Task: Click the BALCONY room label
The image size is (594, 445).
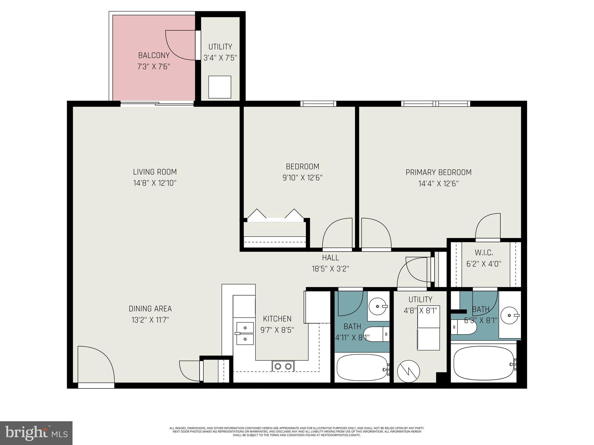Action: pos(154,55)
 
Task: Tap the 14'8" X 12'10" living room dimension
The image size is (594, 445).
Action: pos(155,183)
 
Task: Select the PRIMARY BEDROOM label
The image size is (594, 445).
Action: pos(438,172)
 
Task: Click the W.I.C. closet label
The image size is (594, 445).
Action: pos(484,253)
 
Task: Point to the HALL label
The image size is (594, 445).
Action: pos(330,257)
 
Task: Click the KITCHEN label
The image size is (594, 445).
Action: pos(277,319)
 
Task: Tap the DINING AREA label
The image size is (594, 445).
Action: pos(150,309)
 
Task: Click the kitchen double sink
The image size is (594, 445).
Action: pos(245,333)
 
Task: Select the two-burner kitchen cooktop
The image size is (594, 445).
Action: pos(283,366)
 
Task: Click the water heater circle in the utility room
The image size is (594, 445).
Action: pos(408,371)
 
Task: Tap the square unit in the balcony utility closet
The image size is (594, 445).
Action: pos(220,87)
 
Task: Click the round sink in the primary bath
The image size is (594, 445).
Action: pos(510,315)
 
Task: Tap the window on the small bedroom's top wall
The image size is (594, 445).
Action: pos(318,103)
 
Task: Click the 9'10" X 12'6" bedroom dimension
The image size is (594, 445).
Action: pos(303,178)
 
